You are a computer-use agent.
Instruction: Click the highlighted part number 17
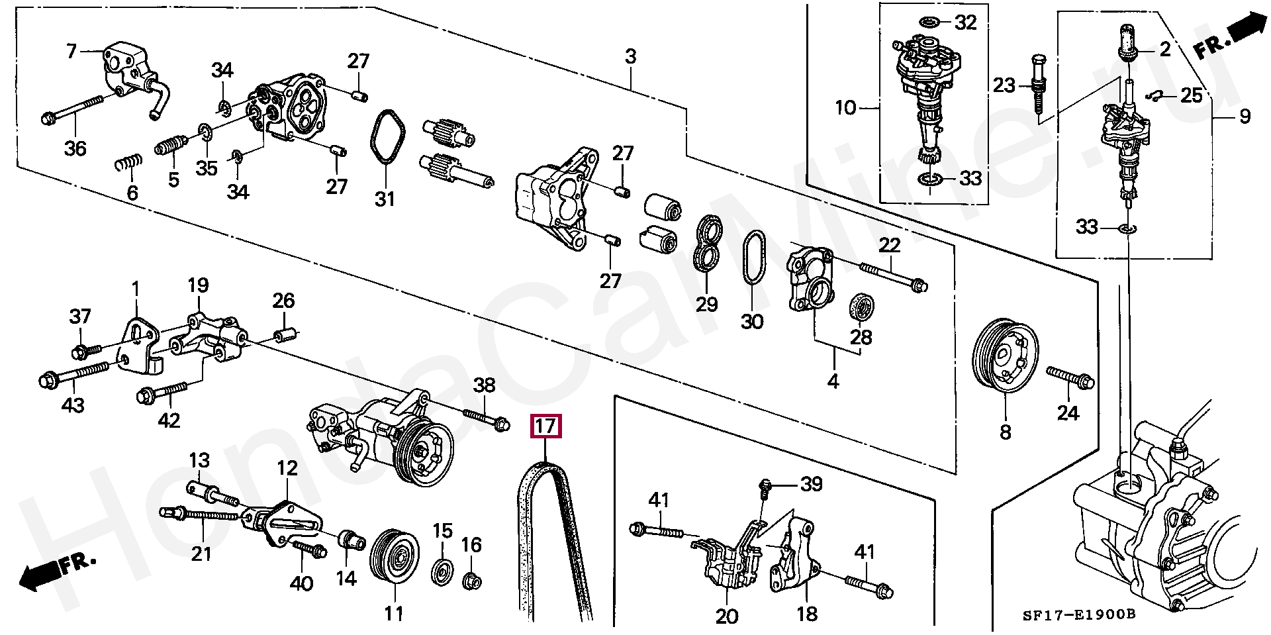pyautogui.click(x=545, y=426)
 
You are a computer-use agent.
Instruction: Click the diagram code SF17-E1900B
pyautogui.click(x=1078, y=615)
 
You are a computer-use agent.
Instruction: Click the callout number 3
pyautogui.click(x=630, y=57)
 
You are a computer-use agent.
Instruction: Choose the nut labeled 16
pyautogui.click(x=471, y=581)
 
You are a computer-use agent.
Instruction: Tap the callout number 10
pyautogui.click(x=845, y=107)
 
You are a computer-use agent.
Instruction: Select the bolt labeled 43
pyautogui.click(x=73, y=375)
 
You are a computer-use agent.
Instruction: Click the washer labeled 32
pyautogui.click(x=929, y=23)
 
